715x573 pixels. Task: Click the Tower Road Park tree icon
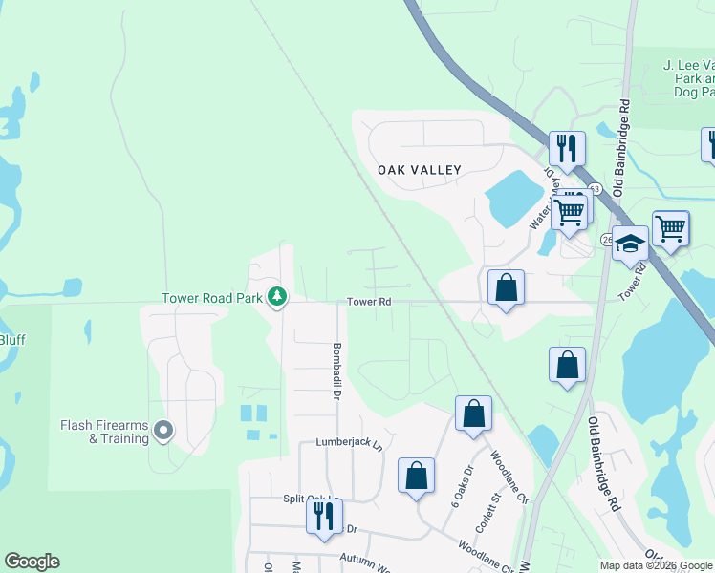(x=277, y=299)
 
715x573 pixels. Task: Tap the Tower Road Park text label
(x=212, y=298)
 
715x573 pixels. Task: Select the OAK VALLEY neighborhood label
(x=419, y=170)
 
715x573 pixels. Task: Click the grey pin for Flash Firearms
(x=163, y=432)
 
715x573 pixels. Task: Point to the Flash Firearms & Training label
(x=104, y=432)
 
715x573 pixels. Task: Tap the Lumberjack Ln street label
(x=349, y=445)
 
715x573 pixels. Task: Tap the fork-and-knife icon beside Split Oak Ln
(x=324, y=515)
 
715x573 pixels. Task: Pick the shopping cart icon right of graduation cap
(x=671, y=228)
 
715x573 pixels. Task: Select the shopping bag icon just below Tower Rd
(x=506, y=286)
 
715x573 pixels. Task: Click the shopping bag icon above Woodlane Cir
(x=473, y=413)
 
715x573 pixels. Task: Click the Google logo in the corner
(x=32, y=562)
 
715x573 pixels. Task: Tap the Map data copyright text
(x=656, y=565)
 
